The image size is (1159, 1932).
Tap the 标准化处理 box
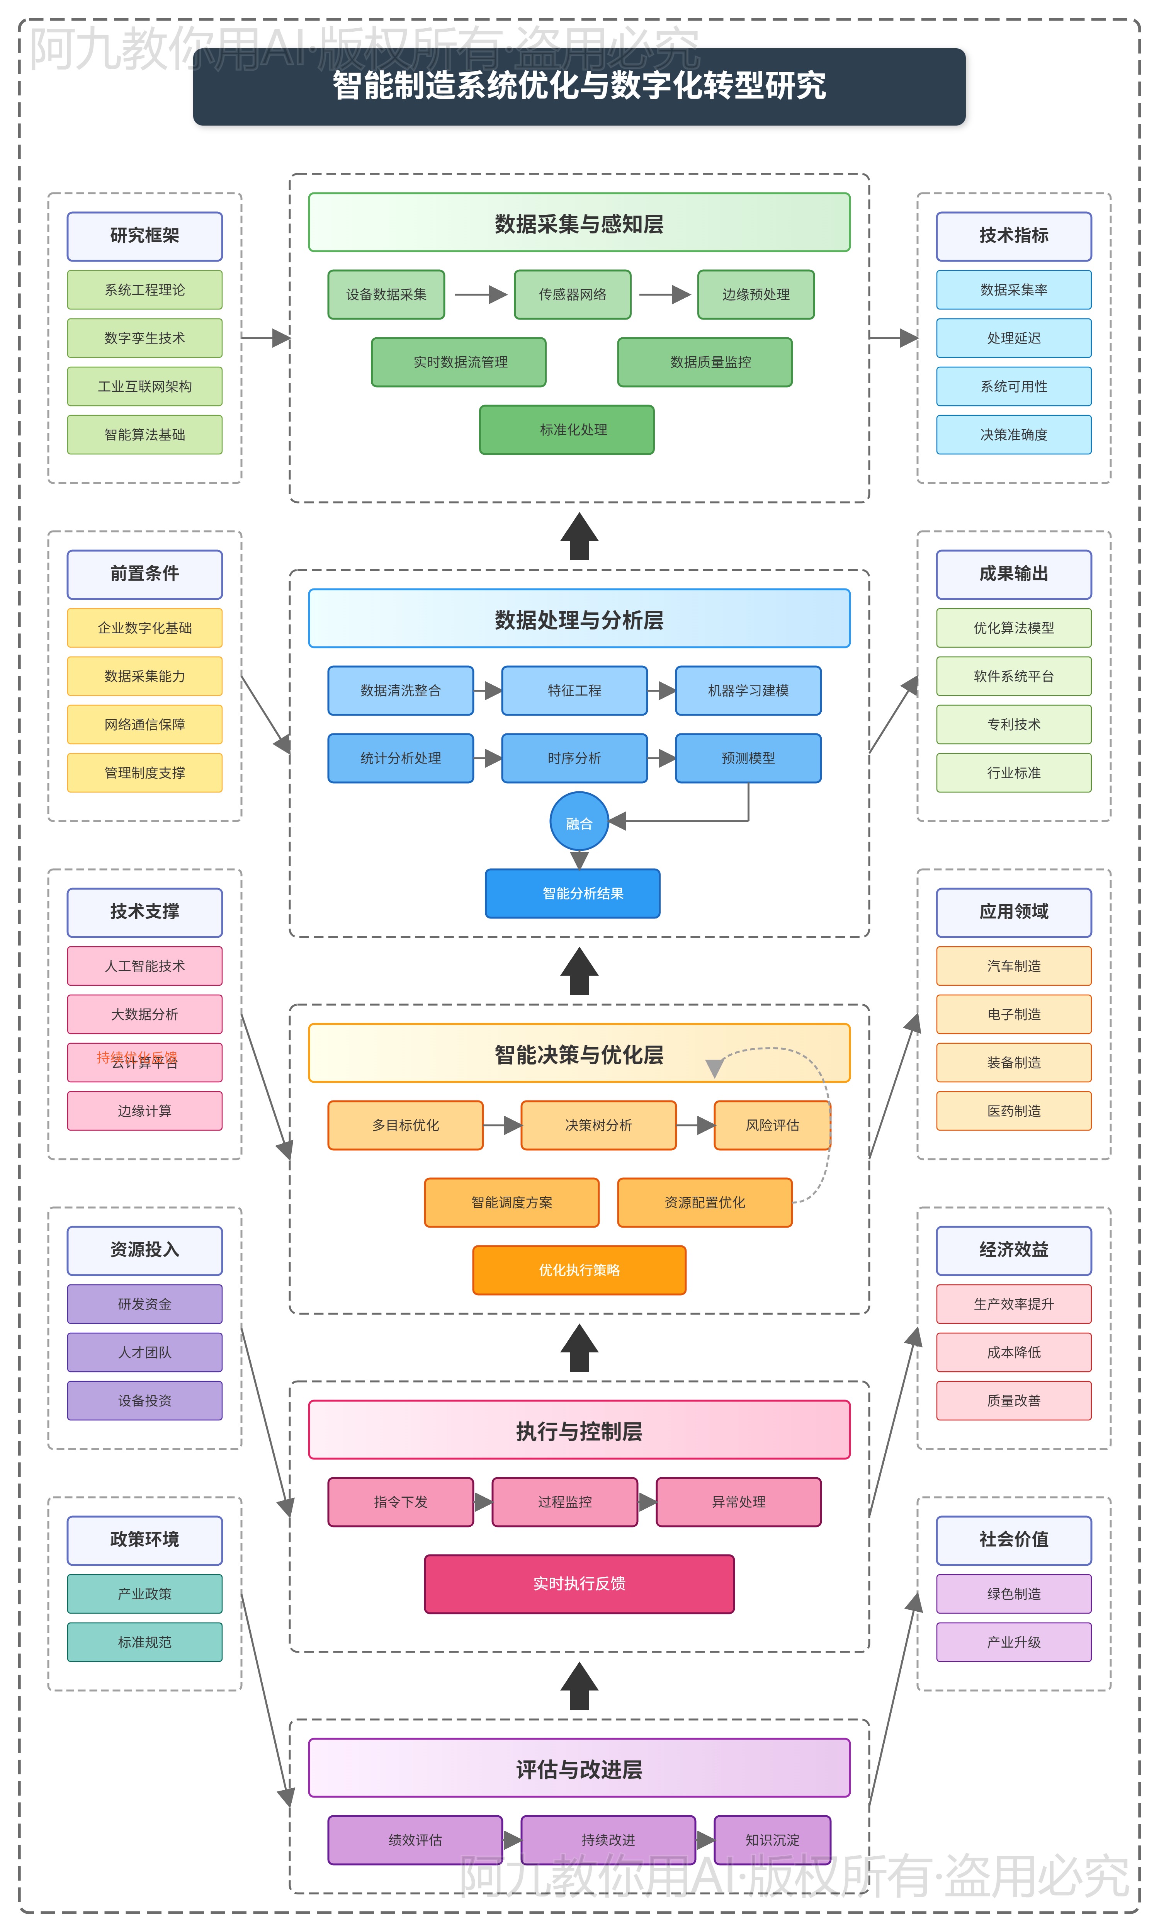(566, 430)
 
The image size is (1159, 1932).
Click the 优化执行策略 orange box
(579, 1270)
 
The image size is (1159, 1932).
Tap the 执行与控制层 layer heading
(579, 1431)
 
